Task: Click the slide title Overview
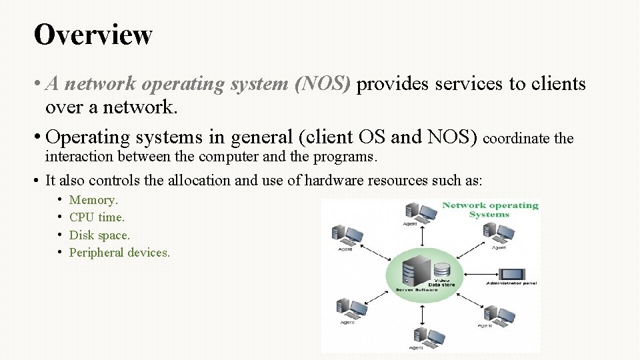click(x=93, y=35)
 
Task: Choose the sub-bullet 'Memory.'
click(x=93, y=200)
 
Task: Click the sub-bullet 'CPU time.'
click(x=97, y=217)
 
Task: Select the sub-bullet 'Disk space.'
click(x=99, y=235)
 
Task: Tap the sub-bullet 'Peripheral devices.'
click(x=119, y=253)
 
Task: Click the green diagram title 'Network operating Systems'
click(x=490, y=209)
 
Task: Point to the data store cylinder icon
click(x=441, y=271)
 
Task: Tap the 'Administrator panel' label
click(x=511, y=284)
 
